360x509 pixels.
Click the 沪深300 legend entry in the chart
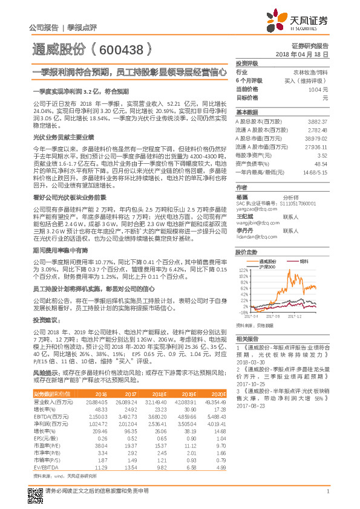(268, 267)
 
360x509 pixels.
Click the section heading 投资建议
(47, 320)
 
